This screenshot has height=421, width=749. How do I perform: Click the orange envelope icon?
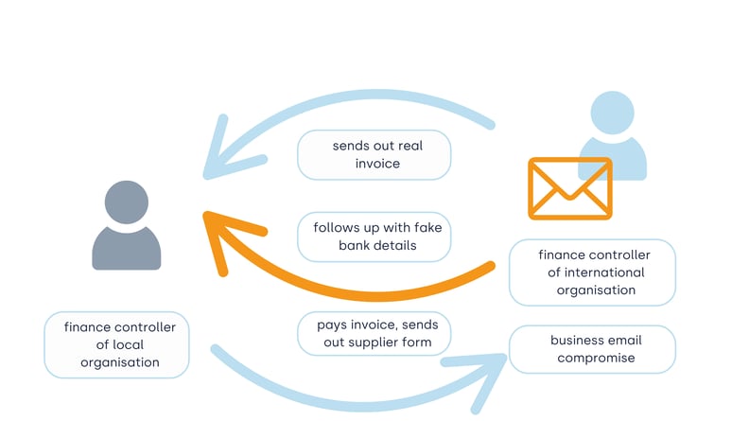click(569, 188)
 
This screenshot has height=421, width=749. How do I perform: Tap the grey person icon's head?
click(126, 202)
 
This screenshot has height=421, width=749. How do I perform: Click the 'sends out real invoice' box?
click(374, 155)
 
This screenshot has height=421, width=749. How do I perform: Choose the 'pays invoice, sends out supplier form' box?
click(374, 333)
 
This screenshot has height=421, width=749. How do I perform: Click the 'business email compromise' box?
click(592, 348)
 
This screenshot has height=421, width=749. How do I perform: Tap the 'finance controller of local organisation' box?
click(117, 344)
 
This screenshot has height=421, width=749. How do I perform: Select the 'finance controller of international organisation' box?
click(592, 272)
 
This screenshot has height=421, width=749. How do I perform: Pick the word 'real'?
click(415, 147)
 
